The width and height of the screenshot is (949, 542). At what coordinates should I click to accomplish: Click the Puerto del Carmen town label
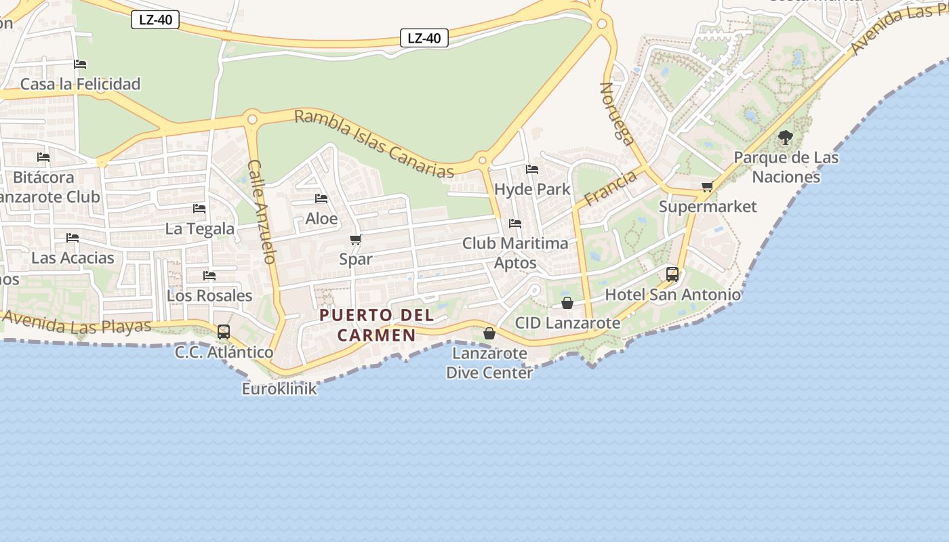coord(377,325)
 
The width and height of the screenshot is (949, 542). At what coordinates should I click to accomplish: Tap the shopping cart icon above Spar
coord(355,240)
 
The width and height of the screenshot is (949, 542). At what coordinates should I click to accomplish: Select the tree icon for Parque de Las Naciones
coord(786,138)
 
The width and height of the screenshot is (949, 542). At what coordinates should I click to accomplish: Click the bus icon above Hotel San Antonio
coord(672,274)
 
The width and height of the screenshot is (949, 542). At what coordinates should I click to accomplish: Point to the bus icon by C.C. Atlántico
coord(224,332)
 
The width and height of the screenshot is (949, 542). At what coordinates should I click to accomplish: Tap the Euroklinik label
coord(279,389)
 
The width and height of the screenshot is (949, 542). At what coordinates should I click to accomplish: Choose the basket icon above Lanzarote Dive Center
coord(489,333)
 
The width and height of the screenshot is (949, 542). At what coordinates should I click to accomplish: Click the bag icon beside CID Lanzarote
coord(567,303)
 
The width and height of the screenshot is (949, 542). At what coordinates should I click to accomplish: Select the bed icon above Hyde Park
coord(532,169)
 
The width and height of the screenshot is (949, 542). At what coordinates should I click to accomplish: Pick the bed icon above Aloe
coord(321,199)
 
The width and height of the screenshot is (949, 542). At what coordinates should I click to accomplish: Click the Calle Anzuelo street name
coord(262,211)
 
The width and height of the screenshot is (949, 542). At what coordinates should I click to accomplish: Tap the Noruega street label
coord(618,114)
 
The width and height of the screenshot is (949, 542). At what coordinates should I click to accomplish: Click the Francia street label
coord(610,188)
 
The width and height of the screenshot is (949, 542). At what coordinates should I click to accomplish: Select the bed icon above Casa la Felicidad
coord(80,64)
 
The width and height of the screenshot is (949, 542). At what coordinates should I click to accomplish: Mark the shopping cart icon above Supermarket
coord(707,186)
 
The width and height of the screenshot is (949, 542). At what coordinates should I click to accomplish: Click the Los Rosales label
coord(209,295)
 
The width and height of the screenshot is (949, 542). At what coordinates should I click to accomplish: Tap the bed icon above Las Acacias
coord(73,238)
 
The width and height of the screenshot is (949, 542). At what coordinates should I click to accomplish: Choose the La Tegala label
coord(200,229)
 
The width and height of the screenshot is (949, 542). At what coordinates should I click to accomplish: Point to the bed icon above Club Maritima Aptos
coord(515,224)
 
